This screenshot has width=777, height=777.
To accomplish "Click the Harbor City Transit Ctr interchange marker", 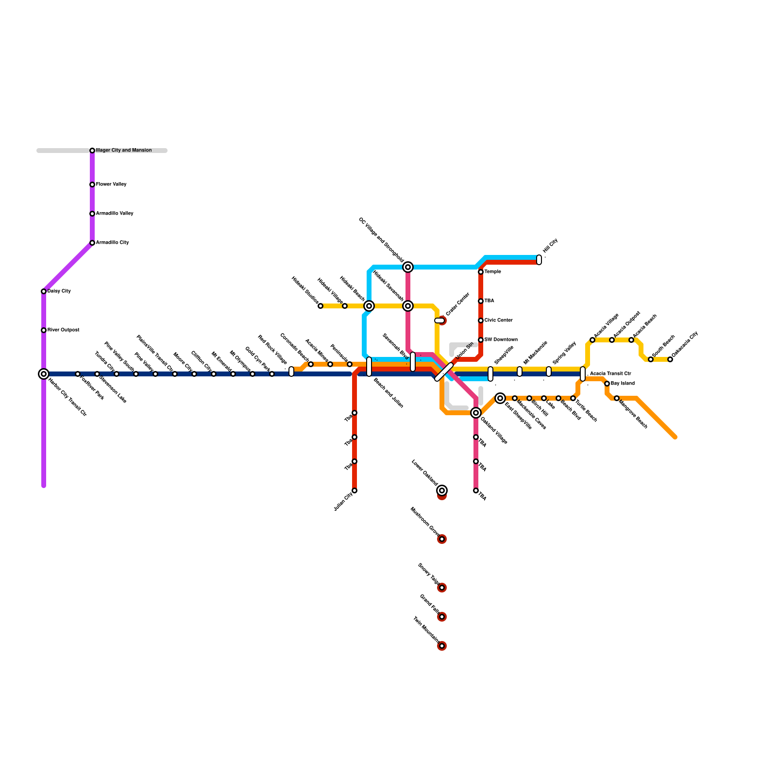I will pos(44,374).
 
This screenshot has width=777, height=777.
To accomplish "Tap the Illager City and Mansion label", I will pos(124,151).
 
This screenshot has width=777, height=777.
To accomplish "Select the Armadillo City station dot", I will pos(92,243).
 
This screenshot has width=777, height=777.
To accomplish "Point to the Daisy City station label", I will pos(59,291).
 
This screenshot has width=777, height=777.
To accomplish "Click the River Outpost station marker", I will pos(44,330).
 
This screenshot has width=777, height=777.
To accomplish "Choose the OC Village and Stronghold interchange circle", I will pos(408,267).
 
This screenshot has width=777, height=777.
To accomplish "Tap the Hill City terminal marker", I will pos(539,260).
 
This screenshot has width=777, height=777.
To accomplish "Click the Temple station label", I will pos(492,272).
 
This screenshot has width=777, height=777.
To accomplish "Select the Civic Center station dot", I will pos(481,321).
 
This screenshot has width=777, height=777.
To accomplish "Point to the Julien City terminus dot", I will pos(355,490).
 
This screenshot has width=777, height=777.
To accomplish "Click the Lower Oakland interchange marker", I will pos(442,490).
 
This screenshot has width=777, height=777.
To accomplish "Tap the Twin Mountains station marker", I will pos(442,646).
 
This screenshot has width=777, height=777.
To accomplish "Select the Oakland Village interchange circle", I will pos(476,413).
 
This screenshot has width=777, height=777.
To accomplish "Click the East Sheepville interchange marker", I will pos(500,398).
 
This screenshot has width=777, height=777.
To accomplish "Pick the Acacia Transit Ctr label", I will pos(610,374).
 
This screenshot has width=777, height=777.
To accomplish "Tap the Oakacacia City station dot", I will pos(670,359).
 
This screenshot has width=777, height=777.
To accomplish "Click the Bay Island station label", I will pos(623,384).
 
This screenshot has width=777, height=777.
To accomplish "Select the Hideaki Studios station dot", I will pos(321,306).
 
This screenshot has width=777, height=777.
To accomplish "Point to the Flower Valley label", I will pos(111,185).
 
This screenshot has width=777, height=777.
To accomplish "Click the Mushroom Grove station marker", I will pos(442,539).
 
